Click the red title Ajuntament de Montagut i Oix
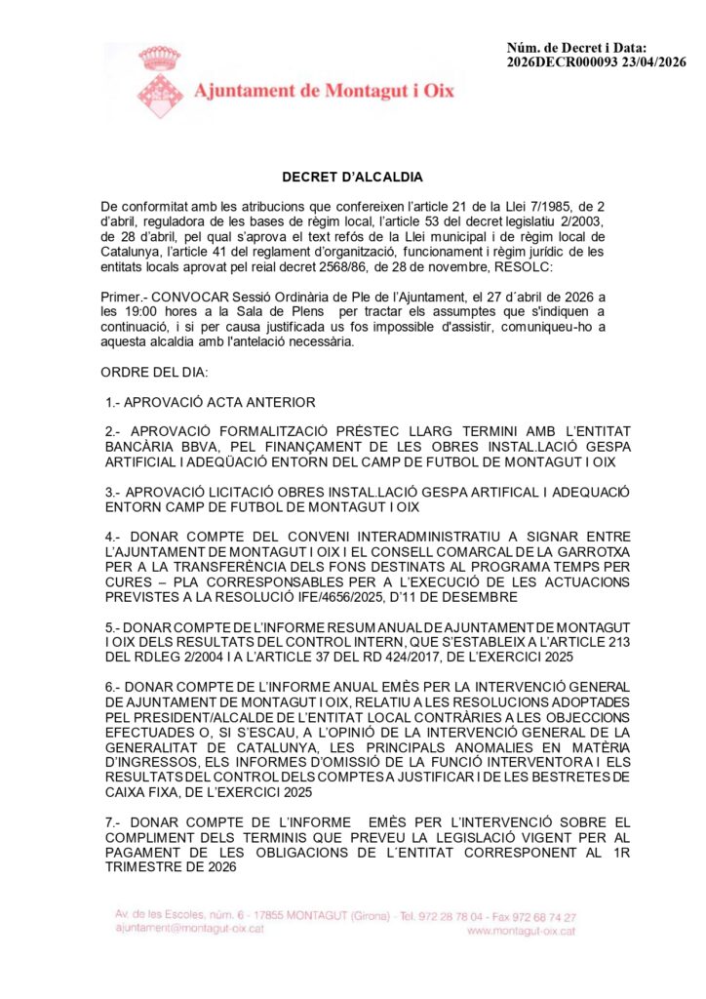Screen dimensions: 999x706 pyautogui.click(x=325, y=91)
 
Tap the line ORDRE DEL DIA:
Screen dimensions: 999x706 pyautogui.click(x=147, y=374)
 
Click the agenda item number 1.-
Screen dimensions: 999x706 pyautogui.click(x=114, y=403)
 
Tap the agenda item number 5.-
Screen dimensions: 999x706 pyautogui.click(x=114, y=626)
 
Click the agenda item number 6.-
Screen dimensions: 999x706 pyautogui.click(x=114, y=687)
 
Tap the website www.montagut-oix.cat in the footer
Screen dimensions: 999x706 pyautogui.click(x=521, y=932)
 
